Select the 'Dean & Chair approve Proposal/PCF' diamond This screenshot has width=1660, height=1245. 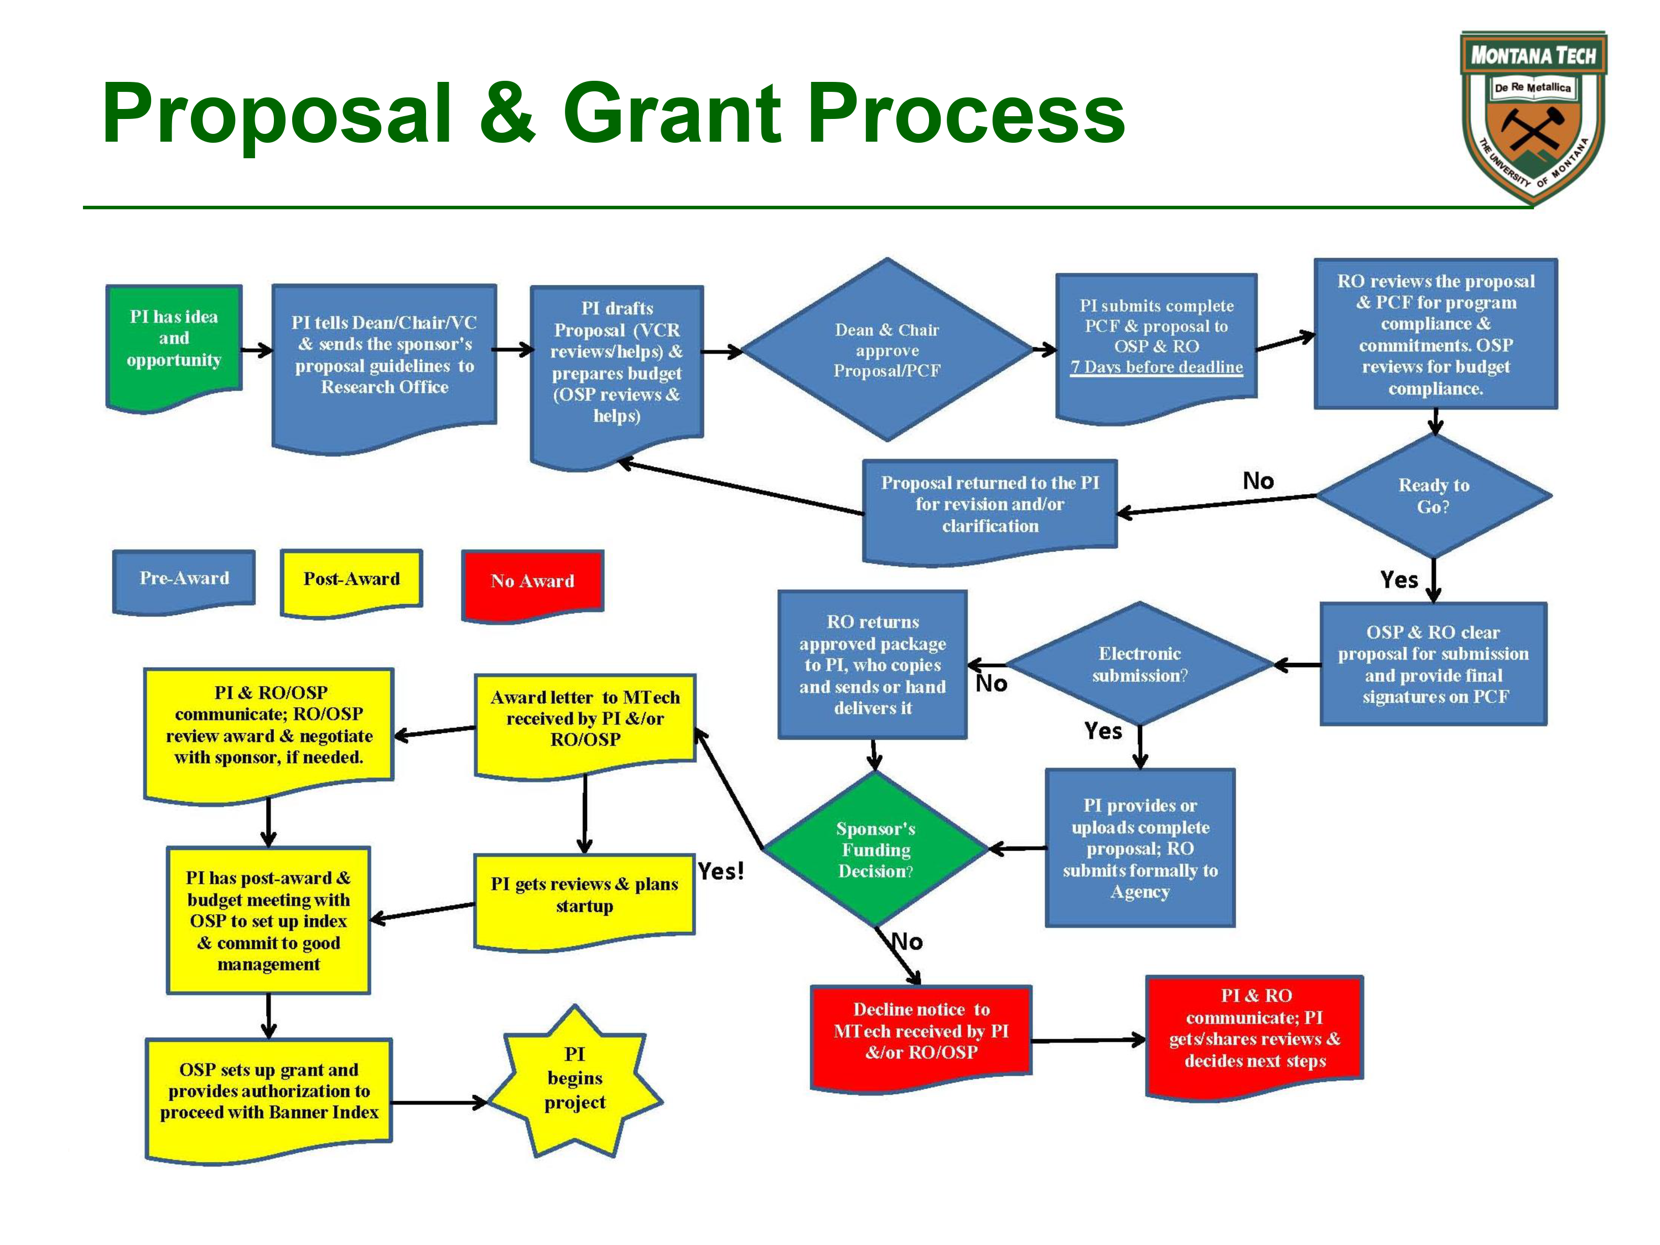(887, 350)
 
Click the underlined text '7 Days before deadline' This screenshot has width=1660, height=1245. (1156, 367)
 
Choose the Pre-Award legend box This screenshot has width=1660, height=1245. (184, 579)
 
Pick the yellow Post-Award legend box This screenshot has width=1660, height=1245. (351, 579)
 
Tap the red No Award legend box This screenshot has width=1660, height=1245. (532, 582)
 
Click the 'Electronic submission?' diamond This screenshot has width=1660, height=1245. (1139, 664)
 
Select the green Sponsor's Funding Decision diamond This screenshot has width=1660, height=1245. (876, 849)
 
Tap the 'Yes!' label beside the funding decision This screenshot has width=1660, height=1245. (720, 871)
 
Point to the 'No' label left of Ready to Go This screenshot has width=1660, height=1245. (1258, 480)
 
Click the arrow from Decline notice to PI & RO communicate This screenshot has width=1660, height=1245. (1088, 1040)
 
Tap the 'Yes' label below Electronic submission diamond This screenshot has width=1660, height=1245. (1102, 731)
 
